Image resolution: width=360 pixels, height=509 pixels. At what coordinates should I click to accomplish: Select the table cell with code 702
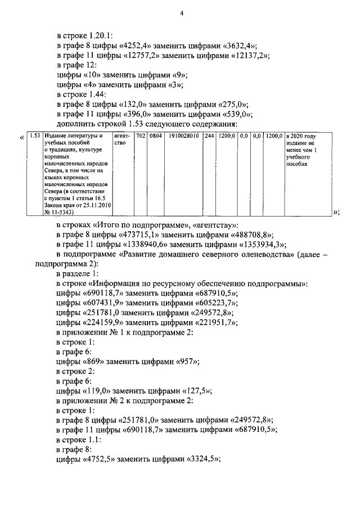pyautogui.click(x=141, y=136)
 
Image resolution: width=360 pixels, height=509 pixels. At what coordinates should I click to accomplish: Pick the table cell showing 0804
pyautogui.click(x=154, y=136)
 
